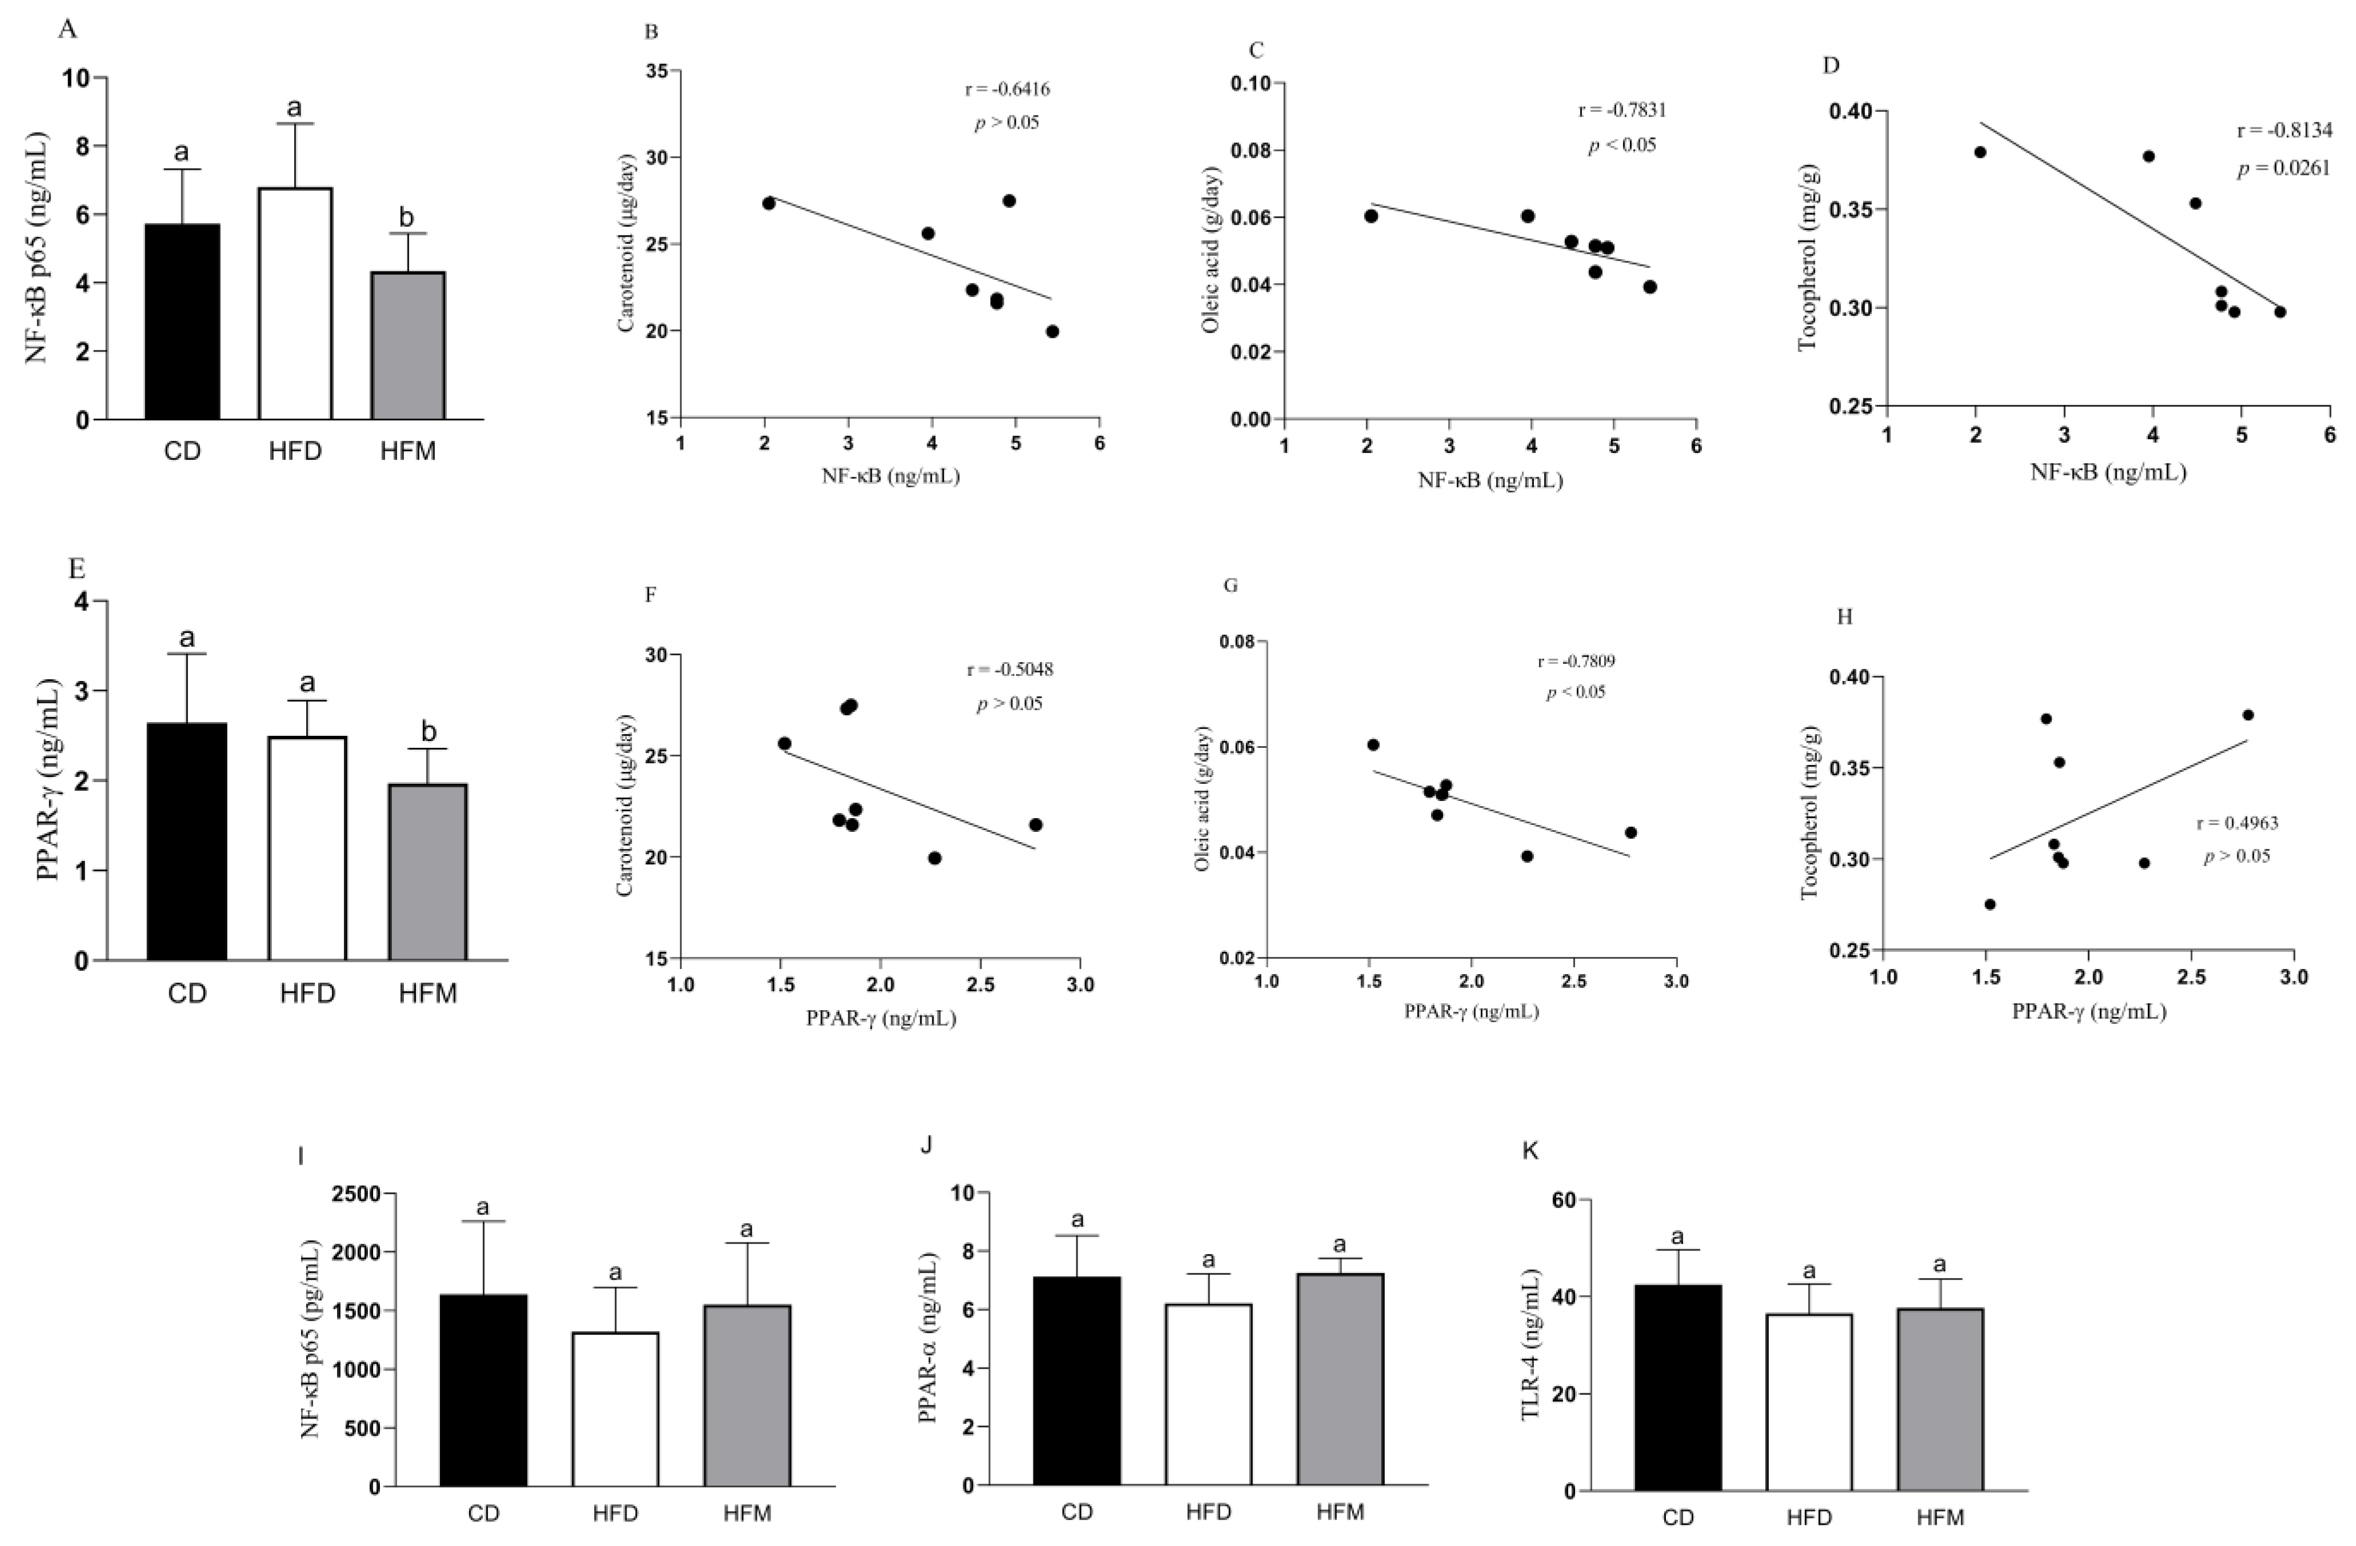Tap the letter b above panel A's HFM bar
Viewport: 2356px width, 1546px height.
[x=407, y=217]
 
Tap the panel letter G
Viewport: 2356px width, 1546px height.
[x=1231, y=585]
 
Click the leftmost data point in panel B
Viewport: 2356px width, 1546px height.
[x=768, y=203]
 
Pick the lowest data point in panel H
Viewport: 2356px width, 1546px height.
[x=1990, y=904]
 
